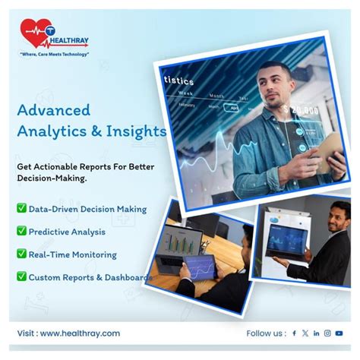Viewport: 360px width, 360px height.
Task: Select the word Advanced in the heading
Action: (53, 110)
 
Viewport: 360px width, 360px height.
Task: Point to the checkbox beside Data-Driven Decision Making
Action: (21, 208)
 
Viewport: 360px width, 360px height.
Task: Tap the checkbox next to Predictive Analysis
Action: (21, 231)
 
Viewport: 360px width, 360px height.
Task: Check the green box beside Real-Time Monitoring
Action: (21, 254)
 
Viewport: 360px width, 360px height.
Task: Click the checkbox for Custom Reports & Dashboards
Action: (21, 276)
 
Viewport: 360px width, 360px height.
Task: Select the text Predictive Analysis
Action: (67, 231)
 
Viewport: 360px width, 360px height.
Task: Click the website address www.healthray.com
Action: (80, 333)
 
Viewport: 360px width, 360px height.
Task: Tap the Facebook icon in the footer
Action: (294, 333)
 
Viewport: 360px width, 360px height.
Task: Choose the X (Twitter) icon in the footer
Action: (305, 333)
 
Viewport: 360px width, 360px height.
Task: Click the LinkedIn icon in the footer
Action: (316, 333)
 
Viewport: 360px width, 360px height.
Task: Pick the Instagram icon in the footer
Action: (327, 333)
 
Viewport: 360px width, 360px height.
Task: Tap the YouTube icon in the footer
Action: (339, 333)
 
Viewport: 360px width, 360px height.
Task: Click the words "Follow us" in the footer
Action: (265, 333)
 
